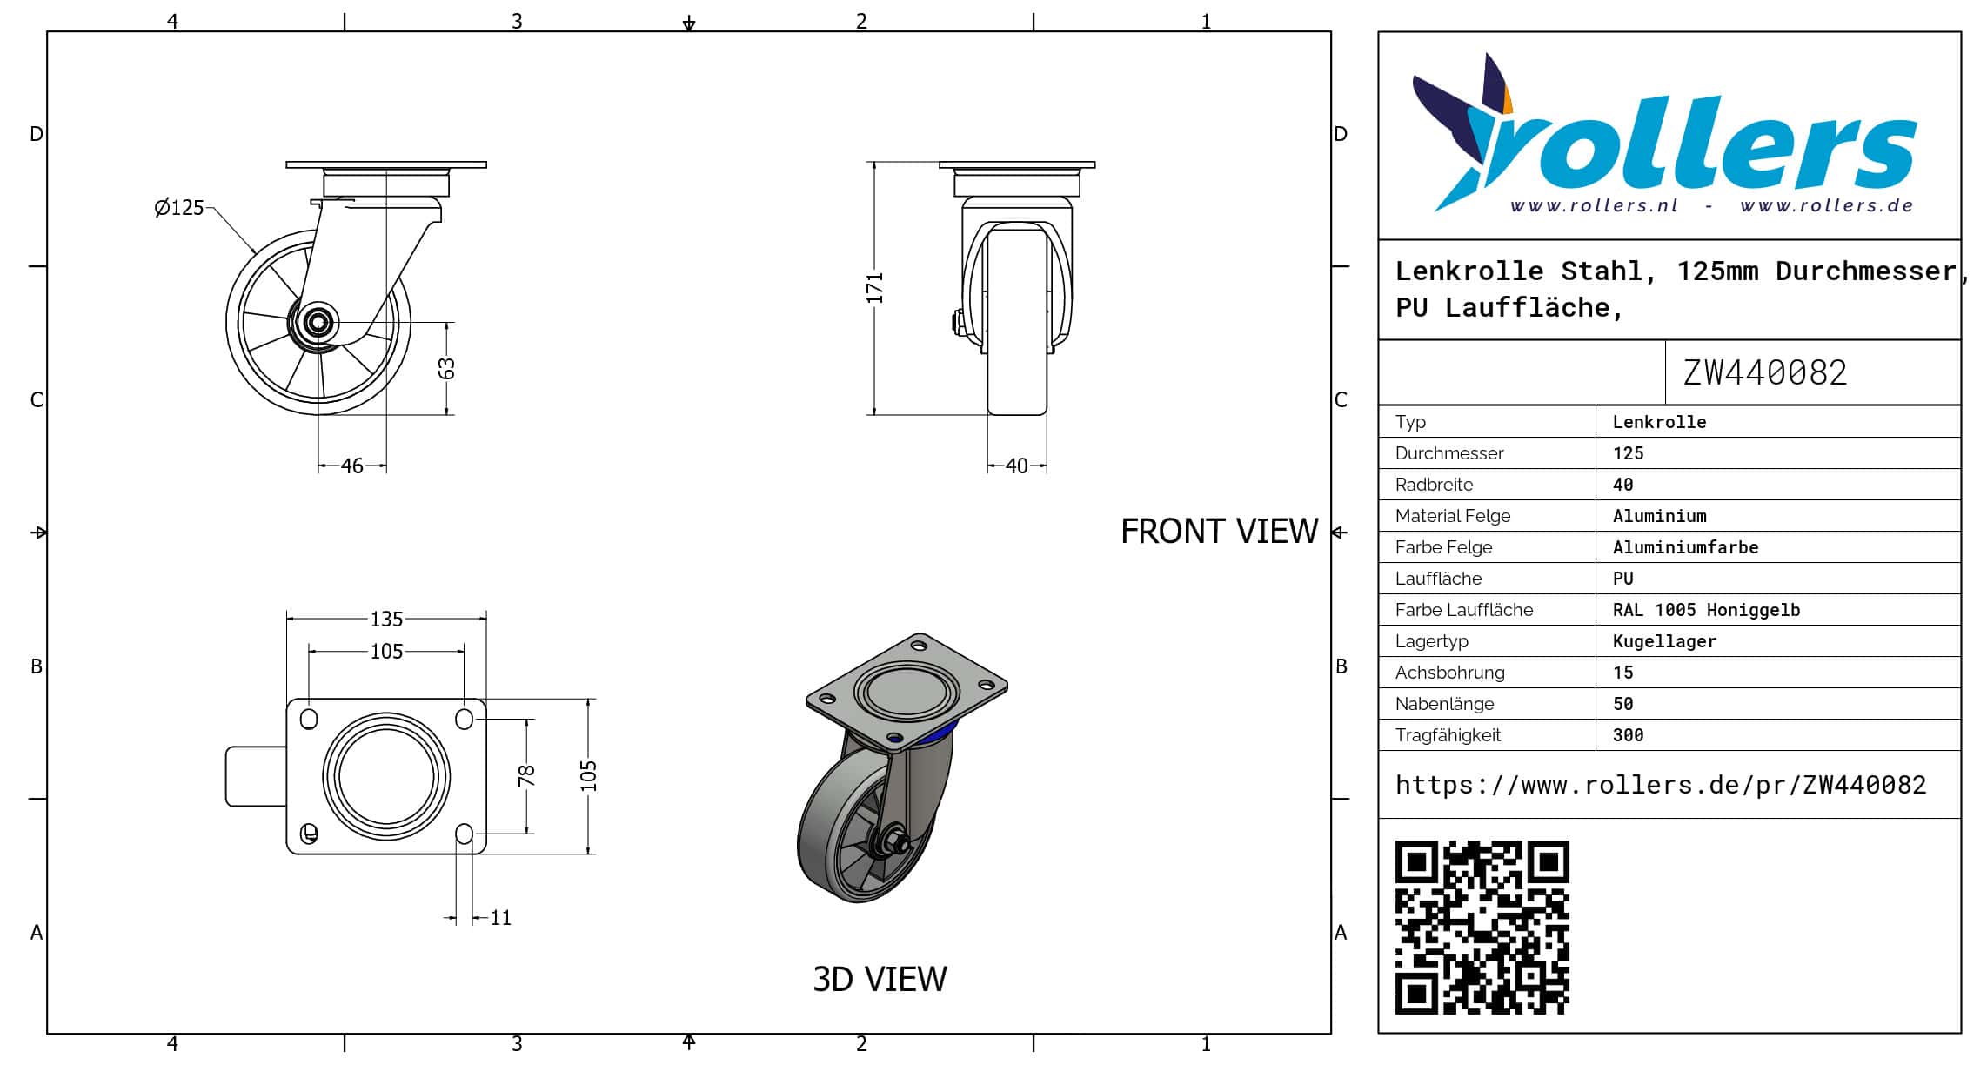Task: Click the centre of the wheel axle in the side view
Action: click(318, 322)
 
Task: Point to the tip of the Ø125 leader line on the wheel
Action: click(255, 253)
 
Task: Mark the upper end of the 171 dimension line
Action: click(874, 162)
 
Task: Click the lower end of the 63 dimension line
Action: click(447, 415)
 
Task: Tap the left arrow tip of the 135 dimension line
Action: click(287, 619)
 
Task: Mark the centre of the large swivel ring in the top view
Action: click(386, 776)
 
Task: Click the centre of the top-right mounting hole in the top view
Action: click(465, 719)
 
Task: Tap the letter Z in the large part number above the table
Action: click(1692, 372)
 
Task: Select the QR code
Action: click(1482, 927)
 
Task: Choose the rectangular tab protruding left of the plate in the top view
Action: click(257, 776)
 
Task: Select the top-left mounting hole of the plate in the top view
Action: click(309, 719)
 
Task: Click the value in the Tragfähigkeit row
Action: click(1628, 735)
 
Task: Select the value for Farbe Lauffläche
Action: click(1706, 610)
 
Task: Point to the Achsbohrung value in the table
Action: click(1622, 673)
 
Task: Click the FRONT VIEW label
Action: click(1219, 532)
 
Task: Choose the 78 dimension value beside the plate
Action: click(526, 775)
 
